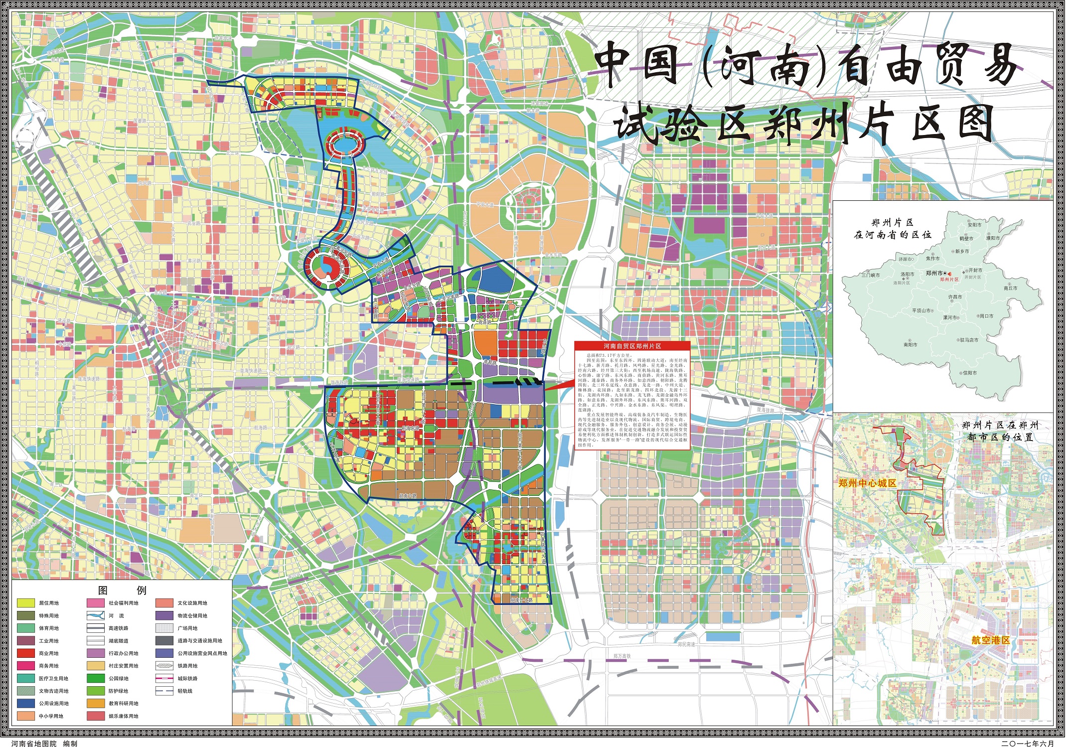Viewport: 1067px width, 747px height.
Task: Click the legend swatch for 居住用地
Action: pyautogui.click(x=25, y=603)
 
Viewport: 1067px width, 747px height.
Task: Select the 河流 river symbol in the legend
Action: pyautogui.click(x=95, y=615)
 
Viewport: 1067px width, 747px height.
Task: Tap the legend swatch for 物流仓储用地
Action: pyautogui.click(x=164, y=615)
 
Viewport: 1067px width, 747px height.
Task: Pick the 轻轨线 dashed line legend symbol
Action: pyautogui.click(x=164, y=691)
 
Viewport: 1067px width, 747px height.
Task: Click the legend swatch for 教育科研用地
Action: pyautogui.click(x=95, y=704)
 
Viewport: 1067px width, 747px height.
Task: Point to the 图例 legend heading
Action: pyautogui.click(x=122, y=591)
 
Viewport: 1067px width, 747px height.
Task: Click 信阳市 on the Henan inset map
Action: pyautogui.click(x=969, y=373)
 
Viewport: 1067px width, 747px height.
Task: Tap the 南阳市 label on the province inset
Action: pyautogui.click(x=910, y=344)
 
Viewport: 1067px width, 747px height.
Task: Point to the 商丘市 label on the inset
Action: pyautogui.click(x=1010, y=288)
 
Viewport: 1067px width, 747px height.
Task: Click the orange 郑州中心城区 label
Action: pyautogui.click(x=867, y=483)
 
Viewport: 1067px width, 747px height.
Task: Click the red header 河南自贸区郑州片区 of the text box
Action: pyautogui.click(x=632, y=346)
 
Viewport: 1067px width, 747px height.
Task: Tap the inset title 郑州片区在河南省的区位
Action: pyautogui.click(x=892, y=229)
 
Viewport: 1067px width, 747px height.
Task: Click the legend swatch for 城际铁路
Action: pyautogui.click(x=164, y=678)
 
